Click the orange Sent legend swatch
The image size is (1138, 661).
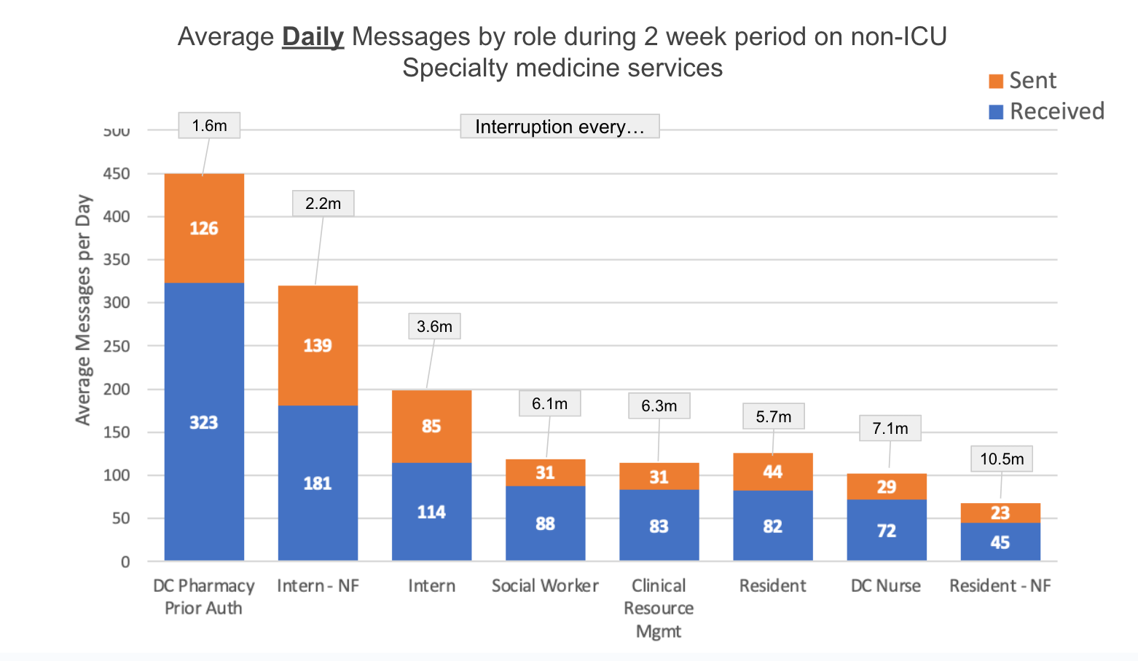pyautogui.click(x=995, y=81)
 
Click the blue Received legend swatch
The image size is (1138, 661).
pyautogui.click(x=995, y=111)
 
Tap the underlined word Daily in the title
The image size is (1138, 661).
pyautogui.click(x=313, y=36)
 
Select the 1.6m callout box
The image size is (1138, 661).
pyautogui.click(x=209, y=125)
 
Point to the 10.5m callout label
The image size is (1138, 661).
pyautogui.click(x=1001, y=459)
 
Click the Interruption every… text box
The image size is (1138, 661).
pyautogui.click(x=560, y=127)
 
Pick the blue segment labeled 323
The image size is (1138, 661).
pyautogui.click(x=204, y=422)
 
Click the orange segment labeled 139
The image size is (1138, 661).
pyautogui.click(x=318, y=345)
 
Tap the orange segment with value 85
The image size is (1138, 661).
pyautogui.click(x=431, y=426)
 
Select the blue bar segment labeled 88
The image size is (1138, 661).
pyautogui.click(x=545, y=523)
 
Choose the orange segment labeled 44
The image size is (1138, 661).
pyautogui.click(x=772, y=472)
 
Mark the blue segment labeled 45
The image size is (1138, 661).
pyautogui.click(x=1000, y=542)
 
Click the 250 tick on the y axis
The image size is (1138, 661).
pyautogui.click(x=117, y=346)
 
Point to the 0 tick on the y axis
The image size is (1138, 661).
pyautogui.click(x=125, y=561)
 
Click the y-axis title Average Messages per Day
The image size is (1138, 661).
pyautogui.click(x=84, y=309)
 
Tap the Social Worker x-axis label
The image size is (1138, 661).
pyautogui.click(x=545, y=586)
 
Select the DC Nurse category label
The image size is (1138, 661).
pyautogui.click(x=886, y=586)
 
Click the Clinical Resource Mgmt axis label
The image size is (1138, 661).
pyautogui.click(x=659, y=608)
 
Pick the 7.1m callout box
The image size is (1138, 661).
pyautogui.click(x=890, y=428)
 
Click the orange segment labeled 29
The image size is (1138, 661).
pyautogui.click(x=886, y=486)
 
